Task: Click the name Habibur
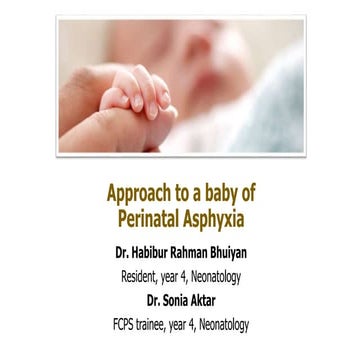pos(154,243)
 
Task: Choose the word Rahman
pos(199,243)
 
